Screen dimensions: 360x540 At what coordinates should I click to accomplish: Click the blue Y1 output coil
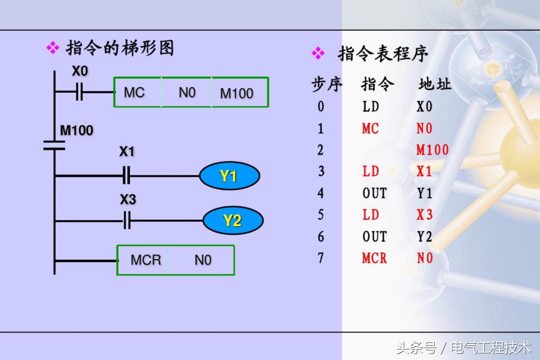coord(229,176)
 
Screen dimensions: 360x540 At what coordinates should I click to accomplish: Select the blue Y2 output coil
coord(233,220)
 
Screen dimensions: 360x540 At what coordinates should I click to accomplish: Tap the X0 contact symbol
coord(80,92)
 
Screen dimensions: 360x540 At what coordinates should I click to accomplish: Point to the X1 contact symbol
coord(127,175)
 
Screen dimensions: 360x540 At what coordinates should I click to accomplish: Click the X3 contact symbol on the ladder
coord(127,221)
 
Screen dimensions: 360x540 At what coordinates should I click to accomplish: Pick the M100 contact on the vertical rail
coord(54,145)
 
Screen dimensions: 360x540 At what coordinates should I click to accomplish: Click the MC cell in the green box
coord(134,93)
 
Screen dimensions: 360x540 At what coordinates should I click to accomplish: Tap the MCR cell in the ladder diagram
coord(146,260)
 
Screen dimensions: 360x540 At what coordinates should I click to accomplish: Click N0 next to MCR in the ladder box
coord(203,260)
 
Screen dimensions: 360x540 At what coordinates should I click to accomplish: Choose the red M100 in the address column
coord(432,150)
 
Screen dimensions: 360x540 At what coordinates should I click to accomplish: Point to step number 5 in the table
coord(321,215)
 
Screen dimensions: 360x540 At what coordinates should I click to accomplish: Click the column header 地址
coord(435,84)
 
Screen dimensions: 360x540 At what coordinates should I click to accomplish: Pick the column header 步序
coord(327,84)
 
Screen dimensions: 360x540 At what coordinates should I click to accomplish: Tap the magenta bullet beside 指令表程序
coord(318,53)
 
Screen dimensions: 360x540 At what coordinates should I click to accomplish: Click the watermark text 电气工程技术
coord(491,348)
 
